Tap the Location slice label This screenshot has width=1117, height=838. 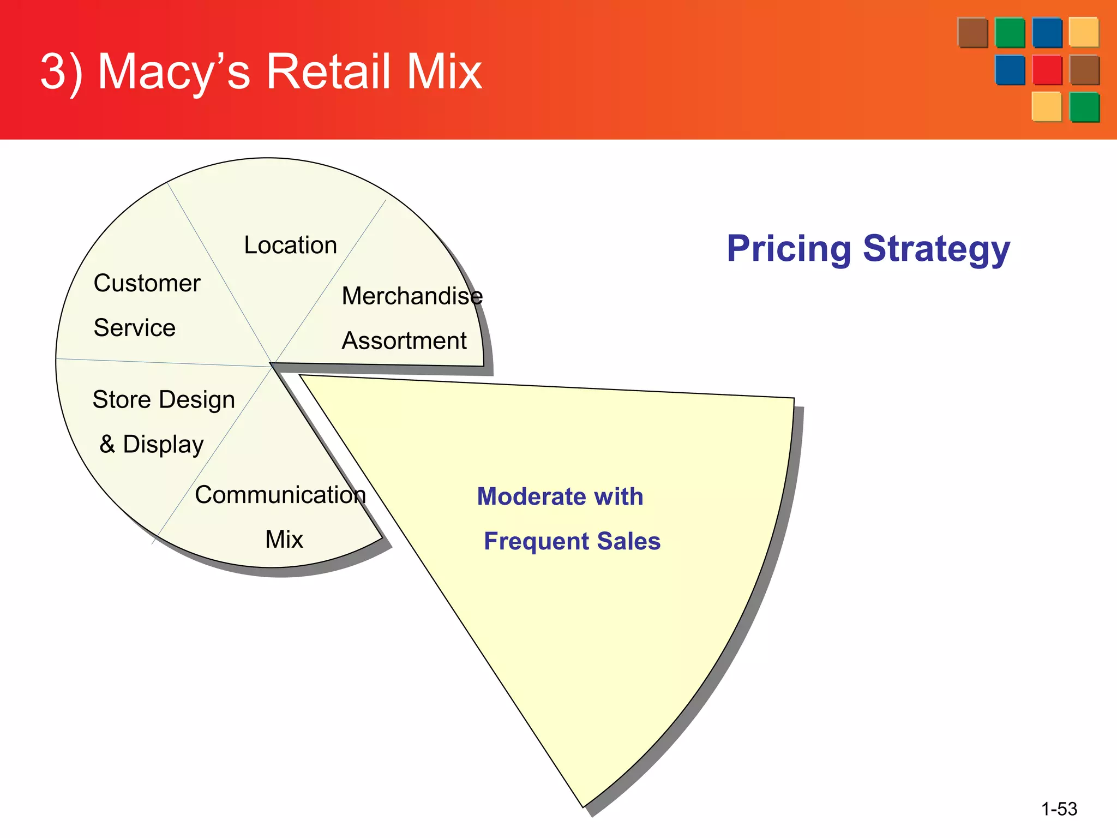point(290,245)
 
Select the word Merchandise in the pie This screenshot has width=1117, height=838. point(412,296)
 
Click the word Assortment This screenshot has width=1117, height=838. point(404,341)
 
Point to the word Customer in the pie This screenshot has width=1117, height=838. point(147,283)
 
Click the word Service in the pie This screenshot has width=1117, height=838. point(134,328)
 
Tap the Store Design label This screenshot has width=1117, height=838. point(164,399)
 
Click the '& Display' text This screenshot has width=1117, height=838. point(151,444)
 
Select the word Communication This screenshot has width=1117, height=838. point(280,495)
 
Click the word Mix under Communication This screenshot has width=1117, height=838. point(284,540)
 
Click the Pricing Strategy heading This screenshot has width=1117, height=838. point(868,249)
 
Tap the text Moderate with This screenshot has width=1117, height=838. point(560,496)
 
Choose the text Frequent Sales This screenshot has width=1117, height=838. point(572,541)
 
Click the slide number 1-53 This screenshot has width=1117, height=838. point(1059,809)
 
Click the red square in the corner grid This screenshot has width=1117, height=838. point(1047,70)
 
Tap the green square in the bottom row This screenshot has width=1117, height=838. point(1084,107)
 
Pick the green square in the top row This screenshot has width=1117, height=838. point(1010,33)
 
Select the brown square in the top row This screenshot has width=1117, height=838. point(972,33)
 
